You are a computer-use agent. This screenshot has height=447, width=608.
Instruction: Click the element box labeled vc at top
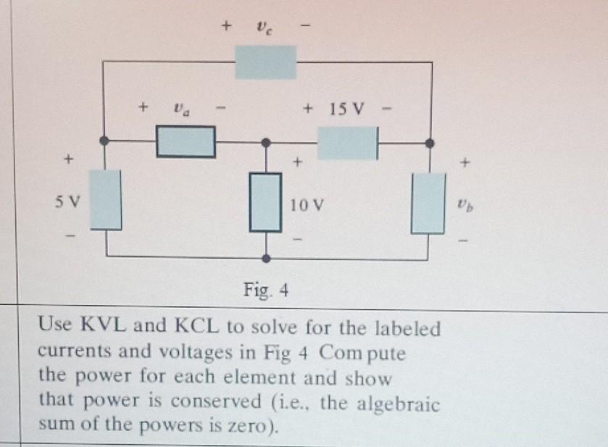[265, 62]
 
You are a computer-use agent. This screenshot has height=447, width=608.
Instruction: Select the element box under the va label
[186, 142]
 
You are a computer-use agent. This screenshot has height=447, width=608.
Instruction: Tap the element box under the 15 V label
[347, 143]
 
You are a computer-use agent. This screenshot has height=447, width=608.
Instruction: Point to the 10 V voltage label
[304, 205]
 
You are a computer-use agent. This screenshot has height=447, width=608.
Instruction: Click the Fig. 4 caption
[266, 291]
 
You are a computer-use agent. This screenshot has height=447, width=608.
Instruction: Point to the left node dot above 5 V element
[107, 141]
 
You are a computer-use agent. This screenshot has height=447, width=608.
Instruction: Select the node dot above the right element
[430, 143]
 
